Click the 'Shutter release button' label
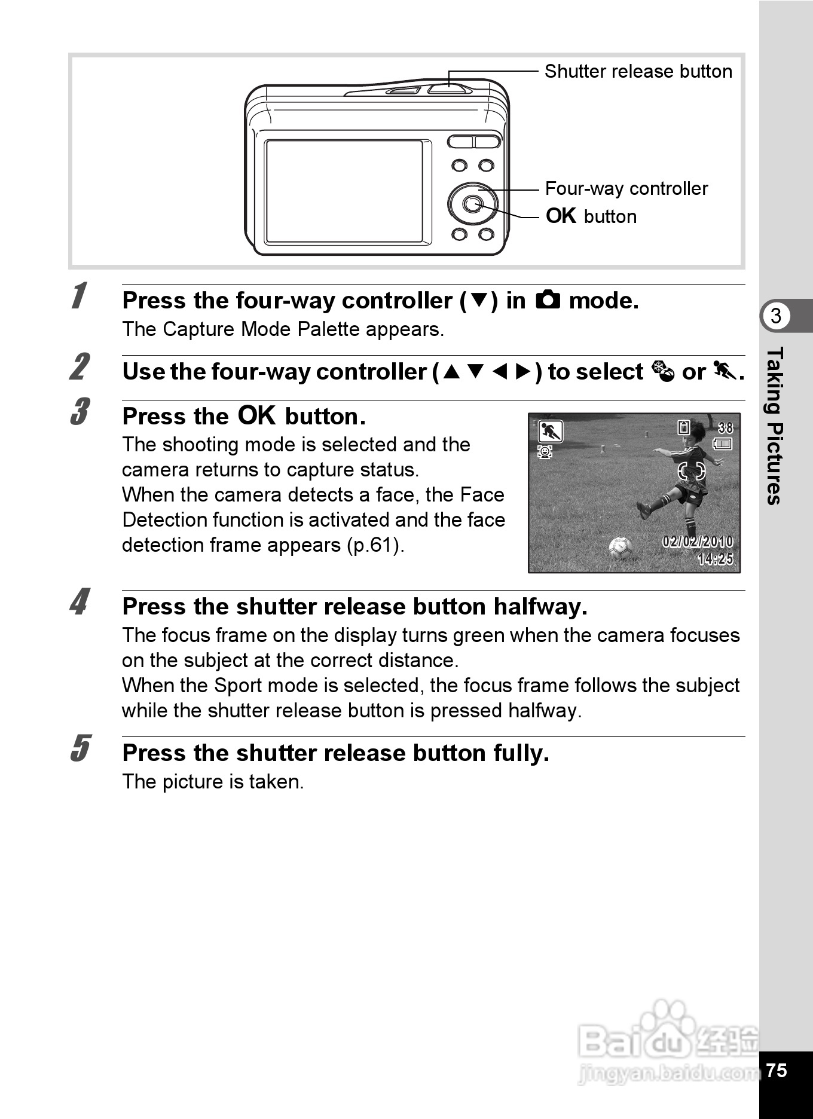point(638,72)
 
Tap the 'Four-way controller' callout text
point(626,189)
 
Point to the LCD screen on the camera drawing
point(344,191)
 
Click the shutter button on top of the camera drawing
point(448,88)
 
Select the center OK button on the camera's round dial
point(472,204)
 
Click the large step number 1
point(78,296)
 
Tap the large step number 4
point(80,602)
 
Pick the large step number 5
point(80,748)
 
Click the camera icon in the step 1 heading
point(548,299)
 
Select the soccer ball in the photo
point(620,547)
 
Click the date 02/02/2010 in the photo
point(697,542)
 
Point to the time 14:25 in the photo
point(715,559)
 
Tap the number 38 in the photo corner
point(725,427)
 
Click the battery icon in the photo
point(723,444)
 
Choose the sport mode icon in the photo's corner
point(550,431)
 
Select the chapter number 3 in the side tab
point(776,316)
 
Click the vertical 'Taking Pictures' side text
point(775,426)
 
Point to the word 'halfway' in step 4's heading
point(540,607)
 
